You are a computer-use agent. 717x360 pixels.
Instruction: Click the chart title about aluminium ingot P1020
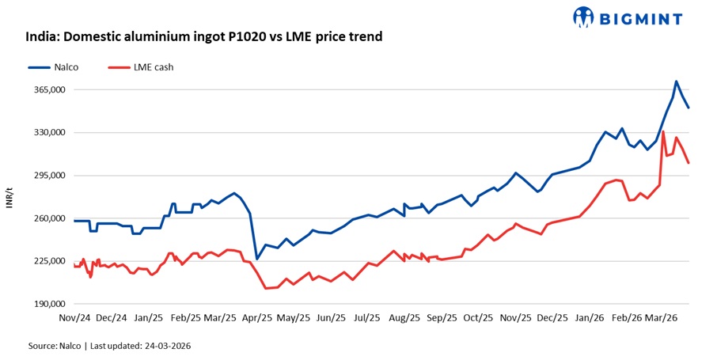pyautogui.click(x=204, y=36)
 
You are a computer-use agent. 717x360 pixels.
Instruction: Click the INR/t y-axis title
pyautogui.click(x=9, y=197)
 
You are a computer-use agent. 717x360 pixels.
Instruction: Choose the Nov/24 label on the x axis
pyautogui.click(x=74, y=318)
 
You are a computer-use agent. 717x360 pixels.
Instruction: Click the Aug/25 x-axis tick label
pyautogui.click(x=405, y=318)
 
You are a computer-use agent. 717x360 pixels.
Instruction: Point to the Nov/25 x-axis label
pyautogui.click(x=515, y=318)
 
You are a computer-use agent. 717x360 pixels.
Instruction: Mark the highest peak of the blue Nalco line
pyautogui.click(x=676, y=81)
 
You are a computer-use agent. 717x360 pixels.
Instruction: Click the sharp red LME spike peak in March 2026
pyautogui.click(x=663, y=132)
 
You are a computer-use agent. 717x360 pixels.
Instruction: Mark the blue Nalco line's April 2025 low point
pyautogui.click(x=257, y=259)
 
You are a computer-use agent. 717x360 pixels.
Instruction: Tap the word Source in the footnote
pyautogui.click(x=42, y=346)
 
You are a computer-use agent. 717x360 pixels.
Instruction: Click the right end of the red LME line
pyautogui.click(x=689, y=163)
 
